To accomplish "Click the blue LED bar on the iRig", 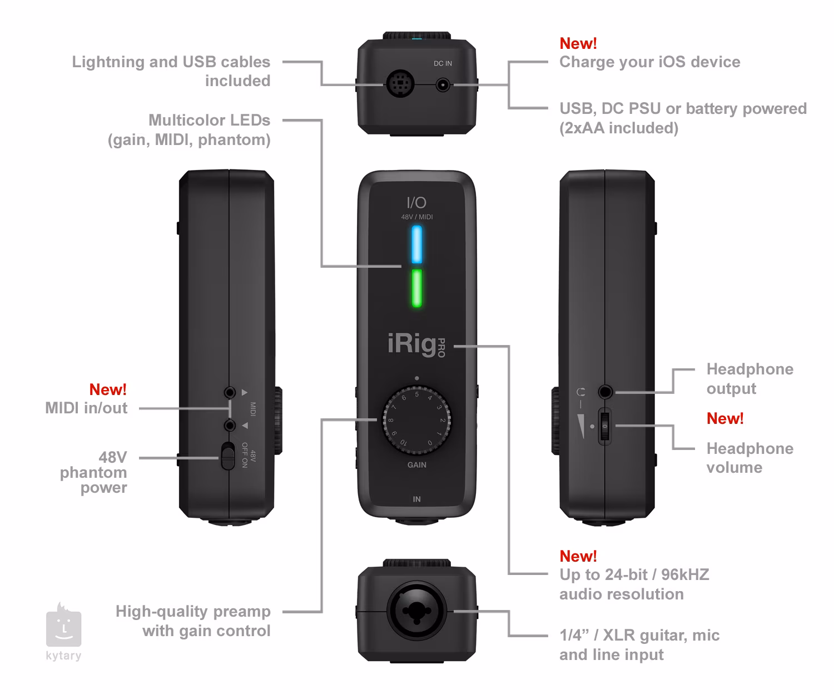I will tap(416, 244).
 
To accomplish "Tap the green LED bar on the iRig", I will tap(416, 288).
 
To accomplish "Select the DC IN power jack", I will tap(443, 85).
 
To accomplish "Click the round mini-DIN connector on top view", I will tap(400, 85).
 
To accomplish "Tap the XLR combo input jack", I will tap(417, 612).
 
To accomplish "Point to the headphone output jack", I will tap(605, 392).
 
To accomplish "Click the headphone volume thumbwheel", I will tap(605, 427).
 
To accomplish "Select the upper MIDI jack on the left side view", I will tap(230, 392).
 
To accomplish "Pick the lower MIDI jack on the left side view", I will tap(230, 426).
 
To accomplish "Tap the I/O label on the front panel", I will tap(416, 203).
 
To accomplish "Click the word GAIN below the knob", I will tap(417, 465).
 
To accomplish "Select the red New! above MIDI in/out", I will tap(108, 389).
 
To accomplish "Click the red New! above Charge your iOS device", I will tap(578, 43).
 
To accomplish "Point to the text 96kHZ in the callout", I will tap(685, 574).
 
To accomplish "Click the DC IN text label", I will tap(443, 63).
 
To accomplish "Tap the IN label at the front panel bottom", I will tap(416, 499).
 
